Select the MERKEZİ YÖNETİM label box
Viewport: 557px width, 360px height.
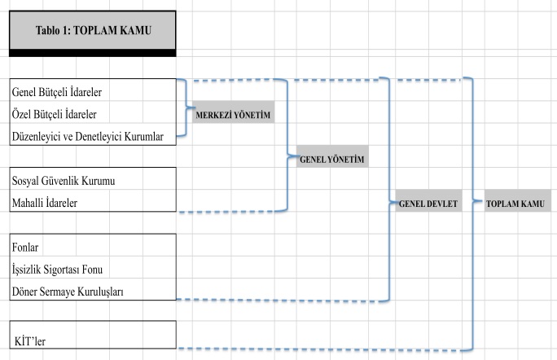point(231,115)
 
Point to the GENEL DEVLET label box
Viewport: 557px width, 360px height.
point(428,203)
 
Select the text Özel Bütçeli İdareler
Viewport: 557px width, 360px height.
point(59,113)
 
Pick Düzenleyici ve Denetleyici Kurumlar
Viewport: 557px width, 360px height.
point(93,136)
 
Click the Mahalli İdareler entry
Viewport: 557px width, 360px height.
point(46,202)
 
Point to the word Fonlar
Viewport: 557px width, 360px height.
point(26,246)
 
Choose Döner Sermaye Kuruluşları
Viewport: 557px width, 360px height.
point(68,291)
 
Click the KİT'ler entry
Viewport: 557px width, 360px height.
point(29,341)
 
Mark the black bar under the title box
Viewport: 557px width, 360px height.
point(92,53)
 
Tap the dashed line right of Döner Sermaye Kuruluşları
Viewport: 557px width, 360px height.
point(277,300)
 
